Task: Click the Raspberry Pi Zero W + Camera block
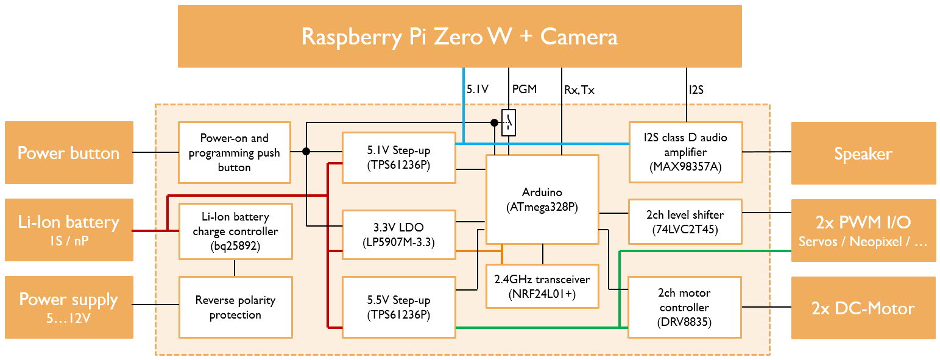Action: tap(459, 37)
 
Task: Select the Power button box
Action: tap(69, 153)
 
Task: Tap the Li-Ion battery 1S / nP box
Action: tap(69, 230)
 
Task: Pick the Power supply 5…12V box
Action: tap(69, 307)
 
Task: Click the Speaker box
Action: tap(863, 153)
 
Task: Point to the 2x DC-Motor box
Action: tap(863, 308)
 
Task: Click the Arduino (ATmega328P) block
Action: tap(542, 199)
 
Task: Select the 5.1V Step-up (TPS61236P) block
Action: tap(399, 157)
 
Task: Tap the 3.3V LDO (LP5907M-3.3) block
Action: tap(399, 235)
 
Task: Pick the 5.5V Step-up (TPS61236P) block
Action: tap(399, 308)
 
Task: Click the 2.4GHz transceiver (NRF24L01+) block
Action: tap(542, 286)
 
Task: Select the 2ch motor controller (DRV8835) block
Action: tap(685, 308)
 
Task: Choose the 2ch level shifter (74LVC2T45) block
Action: tap(685, 222)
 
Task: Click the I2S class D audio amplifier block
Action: tap(685, 152)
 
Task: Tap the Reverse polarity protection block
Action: tap(235, 308)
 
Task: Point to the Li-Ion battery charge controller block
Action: tap(235, 231)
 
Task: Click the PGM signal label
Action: tap(524, 90)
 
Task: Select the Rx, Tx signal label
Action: tap(579, 90)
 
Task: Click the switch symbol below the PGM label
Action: tap(508, 123)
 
